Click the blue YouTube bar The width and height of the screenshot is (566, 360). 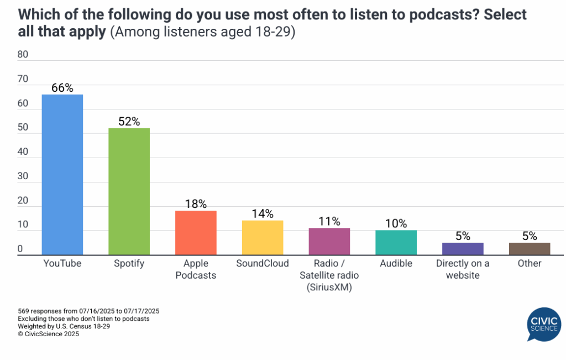(x=62, y=174)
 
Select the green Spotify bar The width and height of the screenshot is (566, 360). (x=129, y=191)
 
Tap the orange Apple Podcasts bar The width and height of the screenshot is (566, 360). (x=196, y=232)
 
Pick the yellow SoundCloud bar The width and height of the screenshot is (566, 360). (x=263, y=237)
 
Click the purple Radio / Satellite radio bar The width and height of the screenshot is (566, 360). (x=329, y=241)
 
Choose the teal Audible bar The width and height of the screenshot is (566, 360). (x=396, y=242)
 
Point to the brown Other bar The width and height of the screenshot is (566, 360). (x=530, y=248)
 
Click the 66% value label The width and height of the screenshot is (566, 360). (x=62, y=87)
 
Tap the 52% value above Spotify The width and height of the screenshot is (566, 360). (x=129, y=121)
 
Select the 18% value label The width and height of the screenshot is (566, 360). (x=196, y=204)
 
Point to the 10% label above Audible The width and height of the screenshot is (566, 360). (x=396, y=223)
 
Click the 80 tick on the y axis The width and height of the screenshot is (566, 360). (x=23, y=54)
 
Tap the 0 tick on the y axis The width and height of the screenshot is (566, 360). (x=20, y=249)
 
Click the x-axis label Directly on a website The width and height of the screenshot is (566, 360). (x=463, y=269)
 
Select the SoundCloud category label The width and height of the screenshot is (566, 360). (x=263, y=263)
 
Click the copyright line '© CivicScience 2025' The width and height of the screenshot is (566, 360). (x=48, y=334)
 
